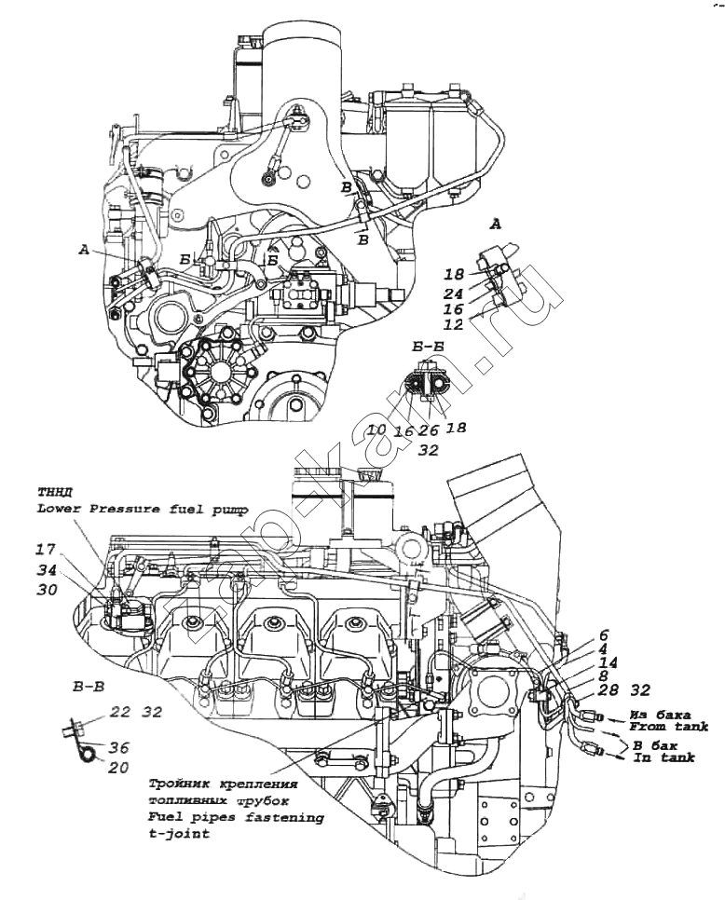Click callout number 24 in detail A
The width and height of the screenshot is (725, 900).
click(x=453, y=293)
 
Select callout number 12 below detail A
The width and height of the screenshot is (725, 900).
click(x=453, y=324)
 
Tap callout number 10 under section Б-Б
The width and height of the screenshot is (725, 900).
click(x=376, y=430)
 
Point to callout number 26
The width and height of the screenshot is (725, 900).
click(x=429, y=430)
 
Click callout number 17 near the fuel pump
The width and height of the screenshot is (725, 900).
click(x=48, y=549)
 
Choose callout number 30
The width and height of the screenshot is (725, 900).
click(x=48, y=590)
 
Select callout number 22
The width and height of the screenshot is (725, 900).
click(x=120, y=712)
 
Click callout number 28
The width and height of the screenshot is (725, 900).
click(x=609, y=689)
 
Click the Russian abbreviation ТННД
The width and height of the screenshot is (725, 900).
click(x=52, y=493)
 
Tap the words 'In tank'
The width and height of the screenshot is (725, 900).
click(x=663, y=758)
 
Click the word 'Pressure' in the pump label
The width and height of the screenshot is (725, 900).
click(x=116, y=509)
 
